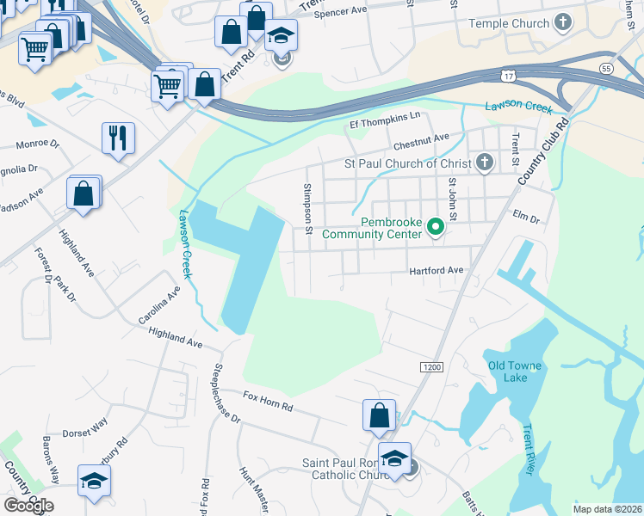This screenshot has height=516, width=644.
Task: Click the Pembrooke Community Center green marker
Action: pyautogui.click(x=436, y=227)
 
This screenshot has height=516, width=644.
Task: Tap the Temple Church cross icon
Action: pyautogui.click(x=563, y=22)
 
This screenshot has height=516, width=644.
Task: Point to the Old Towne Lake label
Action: pyautogui.click(x=515, y=365)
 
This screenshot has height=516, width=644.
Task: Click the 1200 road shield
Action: pyautogui.click(x=432, y=367)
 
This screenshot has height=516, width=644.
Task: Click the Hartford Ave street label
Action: pyautogui.click(x=437, y=270)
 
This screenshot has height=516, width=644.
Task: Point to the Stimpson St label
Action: pyautogui.click(x=307, y=207)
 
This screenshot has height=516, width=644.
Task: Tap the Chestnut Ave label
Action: pyautogui.click(x=422, y=138)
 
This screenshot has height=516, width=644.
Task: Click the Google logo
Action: pyautogui.click(x=28, y=506)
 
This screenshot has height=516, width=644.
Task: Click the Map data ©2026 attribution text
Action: pyautogui.click(x=606, y=509)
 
